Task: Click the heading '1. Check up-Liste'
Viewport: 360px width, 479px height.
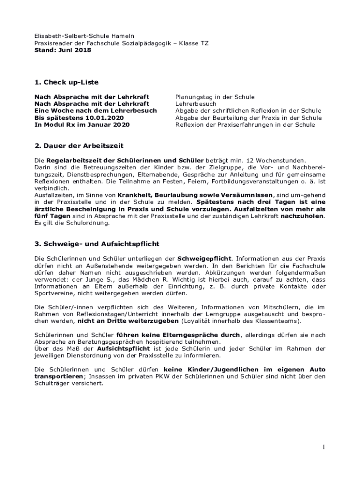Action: pos(66,82)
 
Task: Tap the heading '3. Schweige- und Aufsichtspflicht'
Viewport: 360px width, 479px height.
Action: pos(97,244)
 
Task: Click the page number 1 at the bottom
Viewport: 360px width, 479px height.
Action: pos(323,447)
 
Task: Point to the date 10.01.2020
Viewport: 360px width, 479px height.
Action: pos(91,118)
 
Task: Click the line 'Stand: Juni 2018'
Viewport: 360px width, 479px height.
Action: pos(63,50)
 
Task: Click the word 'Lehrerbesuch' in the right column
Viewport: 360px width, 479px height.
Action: pos(196,104)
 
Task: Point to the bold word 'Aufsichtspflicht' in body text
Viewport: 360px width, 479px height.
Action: pos(123,348)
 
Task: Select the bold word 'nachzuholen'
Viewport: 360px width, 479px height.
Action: pos(302,216)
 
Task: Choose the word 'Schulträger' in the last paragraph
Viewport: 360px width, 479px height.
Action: pos(54,383)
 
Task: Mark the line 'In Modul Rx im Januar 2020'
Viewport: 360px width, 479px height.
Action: pos(82,125)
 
